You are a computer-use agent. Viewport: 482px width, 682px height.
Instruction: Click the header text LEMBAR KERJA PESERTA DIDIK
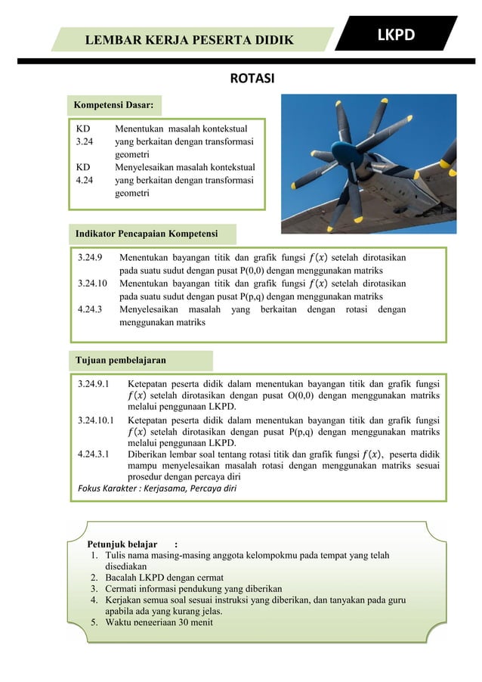point(190,39)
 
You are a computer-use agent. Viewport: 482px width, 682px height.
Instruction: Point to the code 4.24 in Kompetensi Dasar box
point(85,181)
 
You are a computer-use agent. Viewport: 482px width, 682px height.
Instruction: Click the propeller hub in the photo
point(363,155)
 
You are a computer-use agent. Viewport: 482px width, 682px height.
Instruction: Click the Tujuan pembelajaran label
point(119,359)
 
